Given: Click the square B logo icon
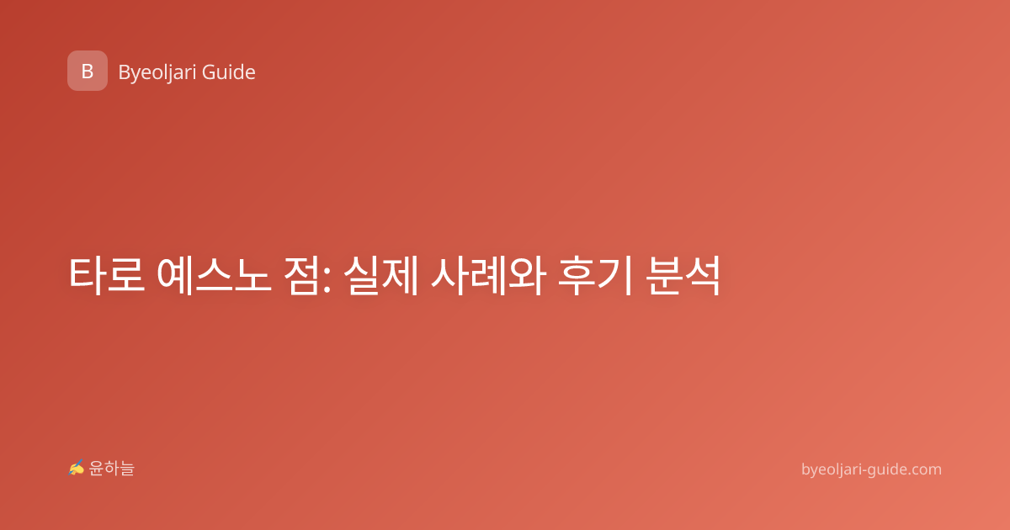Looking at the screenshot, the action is pos(88,71).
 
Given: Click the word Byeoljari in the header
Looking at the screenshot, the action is pos(157,72).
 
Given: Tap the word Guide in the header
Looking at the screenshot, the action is pos(229,72).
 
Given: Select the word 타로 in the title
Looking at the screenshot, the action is pos(106,275).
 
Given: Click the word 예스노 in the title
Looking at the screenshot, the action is pos(214,275).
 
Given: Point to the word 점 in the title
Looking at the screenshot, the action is pos(301,275).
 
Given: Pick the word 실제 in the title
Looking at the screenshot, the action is pos(381,275).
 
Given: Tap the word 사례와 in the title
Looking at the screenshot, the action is pos(489,275).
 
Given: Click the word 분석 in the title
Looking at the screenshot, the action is pos(683,275).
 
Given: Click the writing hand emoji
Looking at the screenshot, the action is pos(77,468).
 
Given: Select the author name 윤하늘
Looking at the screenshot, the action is pos(111,469).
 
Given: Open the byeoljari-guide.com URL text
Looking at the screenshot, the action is pos(871,469).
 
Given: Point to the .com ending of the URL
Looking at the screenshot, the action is pos(924,470).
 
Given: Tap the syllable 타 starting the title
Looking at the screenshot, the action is pos(87,275).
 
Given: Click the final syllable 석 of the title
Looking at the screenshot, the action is pos(703,275).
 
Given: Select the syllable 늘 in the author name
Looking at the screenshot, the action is pos(127,469).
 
